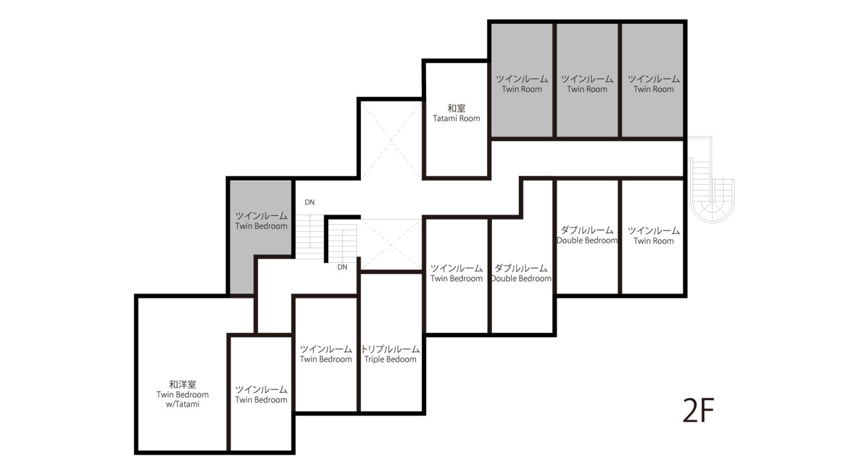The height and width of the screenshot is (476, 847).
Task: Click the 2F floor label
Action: [698, 410]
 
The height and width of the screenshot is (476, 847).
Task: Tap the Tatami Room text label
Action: [457, 118]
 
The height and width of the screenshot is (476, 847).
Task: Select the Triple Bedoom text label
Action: [390, 359]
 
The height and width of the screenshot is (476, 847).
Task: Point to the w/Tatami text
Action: [183, 404]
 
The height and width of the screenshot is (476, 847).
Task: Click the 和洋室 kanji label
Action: [183, 385]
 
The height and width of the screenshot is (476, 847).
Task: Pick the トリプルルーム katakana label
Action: [390, 349]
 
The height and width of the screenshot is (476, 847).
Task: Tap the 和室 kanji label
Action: [457, 109]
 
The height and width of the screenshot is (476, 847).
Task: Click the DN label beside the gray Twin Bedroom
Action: [310, 202]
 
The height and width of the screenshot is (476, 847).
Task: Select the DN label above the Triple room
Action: [342, 267]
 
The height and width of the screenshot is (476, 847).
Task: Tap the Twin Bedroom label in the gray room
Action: [261, 226]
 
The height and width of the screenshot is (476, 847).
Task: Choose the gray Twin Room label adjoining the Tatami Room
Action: [522, 89]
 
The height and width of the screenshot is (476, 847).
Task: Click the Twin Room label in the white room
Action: [653, 241]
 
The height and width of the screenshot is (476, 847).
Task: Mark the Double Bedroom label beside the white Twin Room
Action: [587, 240]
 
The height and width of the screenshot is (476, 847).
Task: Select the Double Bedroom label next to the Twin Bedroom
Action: [521, 278]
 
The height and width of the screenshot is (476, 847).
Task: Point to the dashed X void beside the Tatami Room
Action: [392, 139]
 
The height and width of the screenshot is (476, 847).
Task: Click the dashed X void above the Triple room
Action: [392, 245]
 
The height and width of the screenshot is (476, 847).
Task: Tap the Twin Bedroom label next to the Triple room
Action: [326, 359]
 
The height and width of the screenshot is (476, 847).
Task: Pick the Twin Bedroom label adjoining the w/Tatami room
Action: [261, 399]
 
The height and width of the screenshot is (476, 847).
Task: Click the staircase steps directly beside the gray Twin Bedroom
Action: [310, 236]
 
